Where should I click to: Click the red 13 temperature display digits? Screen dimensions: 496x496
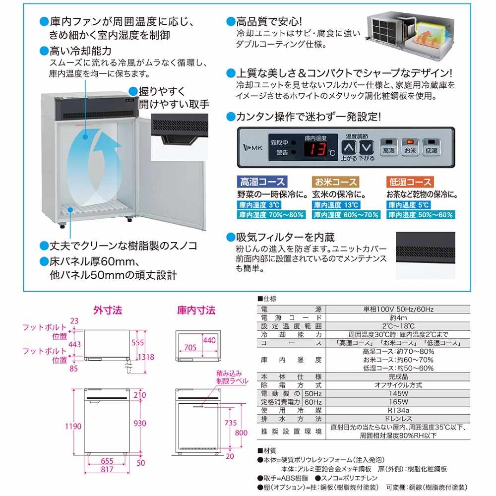pos(316,149)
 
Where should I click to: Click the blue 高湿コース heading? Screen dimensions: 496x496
pos(261,182)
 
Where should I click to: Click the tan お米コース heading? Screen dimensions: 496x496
pos(335,182)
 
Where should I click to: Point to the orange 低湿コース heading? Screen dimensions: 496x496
pos(409,182)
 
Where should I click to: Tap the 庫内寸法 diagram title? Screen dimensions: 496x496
pos(196,310)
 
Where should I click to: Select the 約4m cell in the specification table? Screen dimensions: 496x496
pos(396,317)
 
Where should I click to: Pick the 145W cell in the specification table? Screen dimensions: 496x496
pos(396,393)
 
